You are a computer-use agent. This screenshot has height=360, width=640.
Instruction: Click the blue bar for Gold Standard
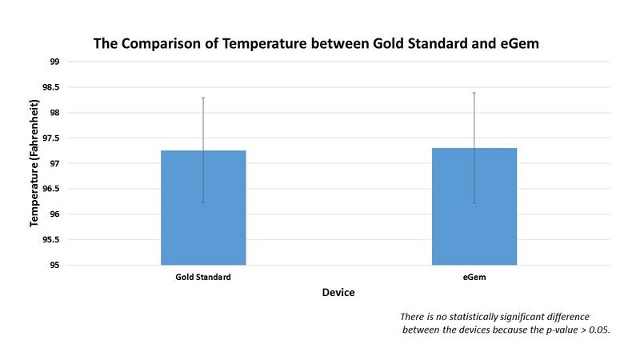pos(203,208)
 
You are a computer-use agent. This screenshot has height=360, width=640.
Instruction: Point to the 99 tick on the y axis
pos(54,62)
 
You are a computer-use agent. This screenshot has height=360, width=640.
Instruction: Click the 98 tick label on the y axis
pos(54,113)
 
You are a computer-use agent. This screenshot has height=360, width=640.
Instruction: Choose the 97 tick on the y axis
pos(54,163)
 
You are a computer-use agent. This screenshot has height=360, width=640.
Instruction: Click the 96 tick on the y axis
pos(54,214)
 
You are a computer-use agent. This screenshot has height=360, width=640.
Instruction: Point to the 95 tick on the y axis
pos(54,265)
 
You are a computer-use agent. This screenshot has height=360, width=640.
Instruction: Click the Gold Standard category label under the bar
pos(203,277)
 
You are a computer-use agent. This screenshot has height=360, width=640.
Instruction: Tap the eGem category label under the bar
pos(474,277)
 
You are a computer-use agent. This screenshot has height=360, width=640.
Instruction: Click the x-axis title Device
pos(338,293)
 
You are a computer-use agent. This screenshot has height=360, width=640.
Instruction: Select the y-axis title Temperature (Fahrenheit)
pos(34,163)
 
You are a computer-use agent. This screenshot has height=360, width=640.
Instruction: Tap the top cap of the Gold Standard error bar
pos(203,98)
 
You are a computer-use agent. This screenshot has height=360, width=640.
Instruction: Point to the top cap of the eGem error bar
pos(474,93)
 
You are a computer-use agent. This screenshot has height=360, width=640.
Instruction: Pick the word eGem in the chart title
pos(518,43)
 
